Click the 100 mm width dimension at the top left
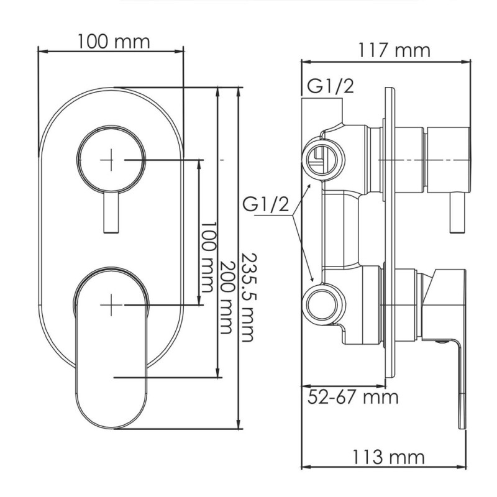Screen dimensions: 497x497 114,42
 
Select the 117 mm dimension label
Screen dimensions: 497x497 394,50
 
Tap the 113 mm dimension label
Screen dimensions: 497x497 390,458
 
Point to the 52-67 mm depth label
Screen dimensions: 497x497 353,396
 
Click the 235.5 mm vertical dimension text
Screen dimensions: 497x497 247,297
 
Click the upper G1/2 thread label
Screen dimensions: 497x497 329,87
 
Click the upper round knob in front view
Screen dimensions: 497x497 111,160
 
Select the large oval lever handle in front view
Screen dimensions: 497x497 112,348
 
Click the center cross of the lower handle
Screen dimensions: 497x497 111,305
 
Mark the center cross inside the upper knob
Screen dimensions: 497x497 111,160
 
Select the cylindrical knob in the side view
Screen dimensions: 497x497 446,160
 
